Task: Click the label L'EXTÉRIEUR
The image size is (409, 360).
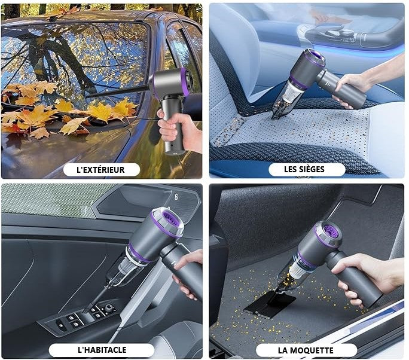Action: point(100,170)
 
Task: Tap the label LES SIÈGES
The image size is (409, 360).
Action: point(304,169)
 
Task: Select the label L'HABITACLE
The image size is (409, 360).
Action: point(102,350)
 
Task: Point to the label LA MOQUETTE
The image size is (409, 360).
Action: point(306,350)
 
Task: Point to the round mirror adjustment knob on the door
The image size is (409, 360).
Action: point(109,309)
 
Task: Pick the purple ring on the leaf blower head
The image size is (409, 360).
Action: point(185,82)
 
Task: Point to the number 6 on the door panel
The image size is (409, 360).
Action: point(176,197)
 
